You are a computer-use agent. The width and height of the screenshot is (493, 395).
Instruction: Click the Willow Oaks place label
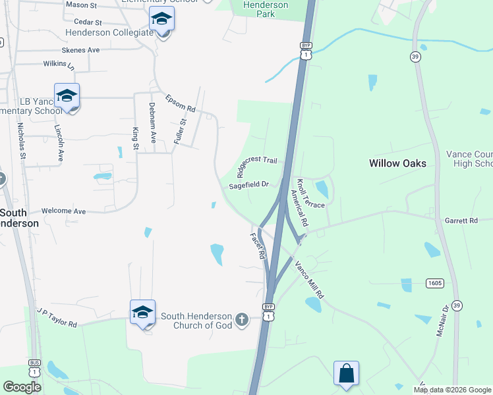point(397,163)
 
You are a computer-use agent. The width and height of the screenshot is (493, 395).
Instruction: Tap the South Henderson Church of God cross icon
point(242,320)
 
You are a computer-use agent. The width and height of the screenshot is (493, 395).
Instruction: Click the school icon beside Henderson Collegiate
point(161,20)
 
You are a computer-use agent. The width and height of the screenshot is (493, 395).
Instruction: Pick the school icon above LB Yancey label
point(67,96)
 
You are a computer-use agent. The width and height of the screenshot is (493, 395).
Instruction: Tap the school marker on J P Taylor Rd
point(142,312)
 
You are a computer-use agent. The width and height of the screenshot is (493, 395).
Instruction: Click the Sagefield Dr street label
point(249,186)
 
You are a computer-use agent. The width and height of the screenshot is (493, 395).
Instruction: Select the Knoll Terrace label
point(310,194)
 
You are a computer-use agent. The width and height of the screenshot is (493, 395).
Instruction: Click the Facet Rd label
point(257,245)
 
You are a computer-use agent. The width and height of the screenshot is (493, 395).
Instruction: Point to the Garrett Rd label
point(460,221)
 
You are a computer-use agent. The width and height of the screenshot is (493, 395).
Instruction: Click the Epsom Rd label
point(181,103)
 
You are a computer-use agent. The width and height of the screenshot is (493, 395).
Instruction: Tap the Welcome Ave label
point(63,211)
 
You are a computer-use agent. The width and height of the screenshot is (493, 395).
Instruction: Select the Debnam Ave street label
point(152,122)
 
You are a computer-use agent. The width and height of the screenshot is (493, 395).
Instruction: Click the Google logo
point(22,387)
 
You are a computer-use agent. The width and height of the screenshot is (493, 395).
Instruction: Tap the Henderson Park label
point(266,9)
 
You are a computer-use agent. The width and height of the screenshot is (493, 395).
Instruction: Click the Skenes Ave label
point(80,50)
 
